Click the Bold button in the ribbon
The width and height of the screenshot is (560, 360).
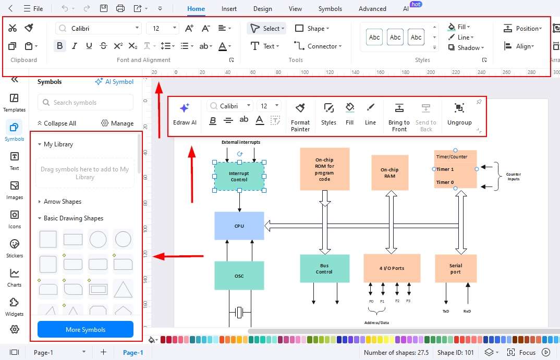point(60,46)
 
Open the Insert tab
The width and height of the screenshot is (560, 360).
point(229,8)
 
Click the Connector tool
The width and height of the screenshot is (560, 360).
point(318,46)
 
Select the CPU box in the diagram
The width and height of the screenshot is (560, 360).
point(239,226)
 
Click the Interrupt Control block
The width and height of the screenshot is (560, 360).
point(239,176)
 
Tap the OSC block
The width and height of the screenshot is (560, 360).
point(239,276)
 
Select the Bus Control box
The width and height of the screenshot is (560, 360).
point(324,268)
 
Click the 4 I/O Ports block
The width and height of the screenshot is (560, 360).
point(392,268)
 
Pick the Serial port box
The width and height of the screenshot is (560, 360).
point(455,268)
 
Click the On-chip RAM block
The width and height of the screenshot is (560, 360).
point(389,173)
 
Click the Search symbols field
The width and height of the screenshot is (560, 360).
point(86,103)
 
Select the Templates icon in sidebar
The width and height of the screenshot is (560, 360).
point(14,103)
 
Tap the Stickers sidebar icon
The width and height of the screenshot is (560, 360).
point(14,248)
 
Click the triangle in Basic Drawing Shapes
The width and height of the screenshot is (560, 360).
point(123,289)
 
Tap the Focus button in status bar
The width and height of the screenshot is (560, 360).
point(521,352)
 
